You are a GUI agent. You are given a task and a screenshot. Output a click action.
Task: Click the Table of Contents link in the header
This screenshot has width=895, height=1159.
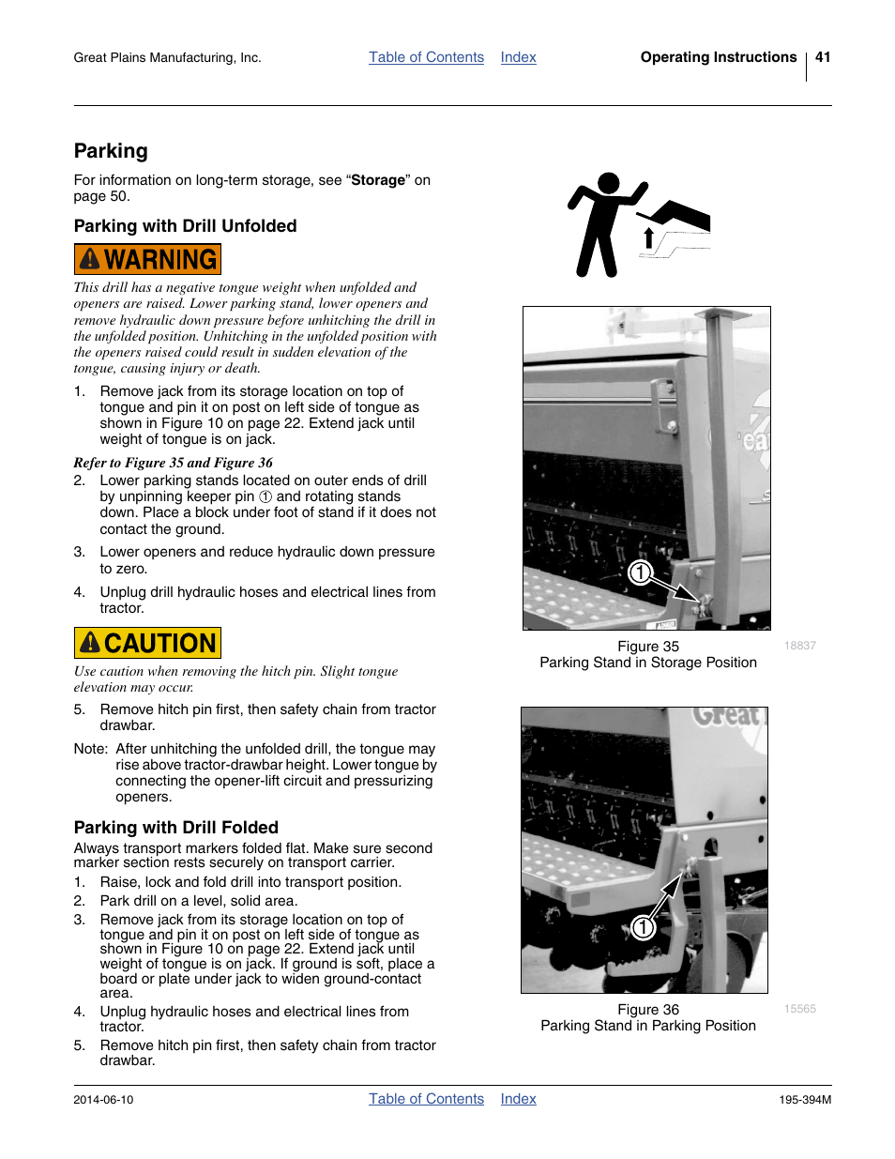tap(426, 57)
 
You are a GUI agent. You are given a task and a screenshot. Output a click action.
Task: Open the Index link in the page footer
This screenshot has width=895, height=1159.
tap(518, 1099)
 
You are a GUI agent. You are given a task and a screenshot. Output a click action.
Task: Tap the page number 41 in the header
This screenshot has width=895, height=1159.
tap(823, 57)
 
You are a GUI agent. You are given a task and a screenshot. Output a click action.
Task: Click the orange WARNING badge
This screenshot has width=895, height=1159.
tap(147, 259)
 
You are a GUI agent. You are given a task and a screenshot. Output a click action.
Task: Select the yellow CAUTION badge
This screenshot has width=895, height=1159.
tap(147, 643)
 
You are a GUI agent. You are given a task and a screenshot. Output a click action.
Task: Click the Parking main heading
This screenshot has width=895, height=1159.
tap(111, 151)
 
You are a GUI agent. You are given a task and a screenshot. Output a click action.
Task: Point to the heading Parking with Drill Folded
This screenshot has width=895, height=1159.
tap(176, 827)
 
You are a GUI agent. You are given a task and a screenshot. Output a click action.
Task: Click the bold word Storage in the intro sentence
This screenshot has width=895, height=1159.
tap(378, 180)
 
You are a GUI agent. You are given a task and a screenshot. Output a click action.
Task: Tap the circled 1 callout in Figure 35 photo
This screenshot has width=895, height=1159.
tap(640, 572)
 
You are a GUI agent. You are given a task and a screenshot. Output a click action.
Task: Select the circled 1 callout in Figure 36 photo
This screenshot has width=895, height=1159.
tap(643, 927)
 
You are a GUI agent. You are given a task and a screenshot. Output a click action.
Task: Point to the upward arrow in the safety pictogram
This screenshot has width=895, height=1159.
tap(648, 237)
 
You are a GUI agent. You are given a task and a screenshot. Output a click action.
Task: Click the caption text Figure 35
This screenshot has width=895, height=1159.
tap(648, 647)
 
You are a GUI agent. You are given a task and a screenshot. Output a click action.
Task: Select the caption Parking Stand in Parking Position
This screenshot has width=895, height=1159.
tap(648, 1026)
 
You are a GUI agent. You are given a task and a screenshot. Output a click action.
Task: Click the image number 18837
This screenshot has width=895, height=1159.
tap(800, 646)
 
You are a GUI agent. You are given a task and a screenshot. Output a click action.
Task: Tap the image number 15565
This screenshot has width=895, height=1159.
tap(800, 1009)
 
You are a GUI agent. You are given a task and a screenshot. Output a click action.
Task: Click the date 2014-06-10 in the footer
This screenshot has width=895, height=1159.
tap(103, 1100)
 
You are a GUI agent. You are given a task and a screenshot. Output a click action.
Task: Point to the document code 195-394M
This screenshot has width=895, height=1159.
tap(805, 1100)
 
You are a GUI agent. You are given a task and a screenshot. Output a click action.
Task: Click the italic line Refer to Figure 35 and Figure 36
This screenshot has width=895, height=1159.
tap(174, 463)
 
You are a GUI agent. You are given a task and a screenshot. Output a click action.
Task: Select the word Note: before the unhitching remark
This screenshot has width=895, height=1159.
tap(91, 749)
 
